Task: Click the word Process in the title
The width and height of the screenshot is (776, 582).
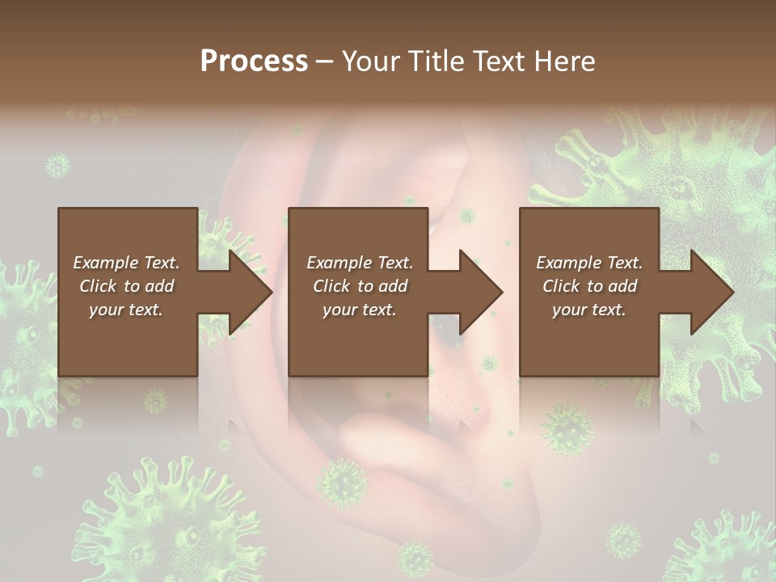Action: point(254,61)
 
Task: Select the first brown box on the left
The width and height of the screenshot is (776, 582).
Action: point(128,339)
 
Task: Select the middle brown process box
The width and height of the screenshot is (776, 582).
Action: point(358,339)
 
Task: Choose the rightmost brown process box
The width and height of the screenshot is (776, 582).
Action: point(588,339)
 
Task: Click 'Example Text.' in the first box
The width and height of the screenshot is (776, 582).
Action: point(126,263)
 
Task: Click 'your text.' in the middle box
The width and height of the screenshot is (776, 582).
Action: point(359,310)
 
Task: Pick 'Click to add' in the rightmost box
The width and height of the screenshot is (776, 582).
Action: point(589,286)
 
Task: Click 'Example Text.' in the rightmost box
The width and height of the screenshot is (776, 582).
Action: point(589,263)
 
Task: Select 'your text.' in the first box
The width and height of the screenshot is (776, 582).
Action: point(126,310)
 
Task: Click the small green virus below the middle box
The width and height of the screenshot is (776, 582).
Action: point(342,483)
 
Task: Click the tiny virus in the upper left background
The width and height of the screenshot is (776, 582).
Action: point(57,167)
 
